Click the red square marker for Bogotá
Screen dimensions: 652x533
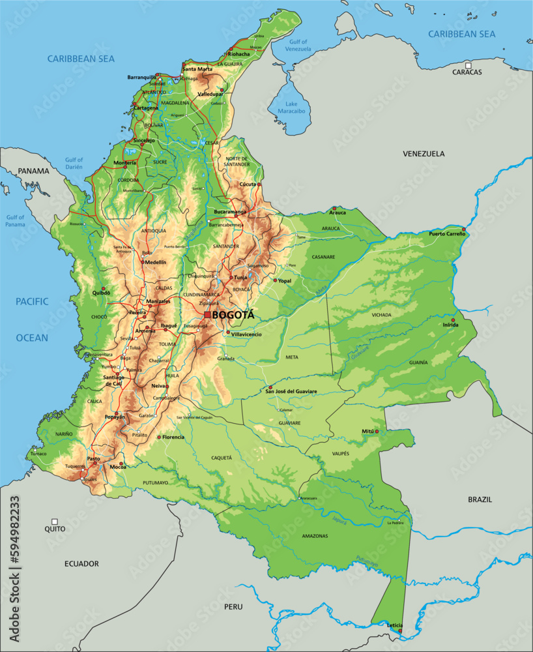[x=207, y=315]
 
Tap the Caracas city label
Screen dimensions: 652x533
[x=467, y=72]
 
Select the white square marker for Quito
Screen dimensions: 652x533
[x=55, y=522]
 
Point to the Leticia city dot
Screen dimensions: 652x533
[x=400, y=630]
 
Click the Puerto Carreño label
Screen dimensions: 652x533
[x=446, y=233]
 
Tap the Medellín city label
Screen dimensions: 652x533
[x=155, y=262]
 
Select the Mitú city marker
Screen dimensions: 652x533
[x=376, y=432]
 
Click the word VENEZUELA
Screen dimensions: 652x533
[x=424, y=154]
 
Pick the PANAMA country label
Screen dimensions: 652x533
[x=33, y=171]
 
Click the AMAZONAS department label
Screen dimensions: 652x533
[x=315, y=536]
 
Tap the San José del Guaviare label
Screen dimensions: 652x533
[x=291, y=391]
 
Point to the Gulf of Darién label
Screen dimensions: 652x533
[x=74, y=163]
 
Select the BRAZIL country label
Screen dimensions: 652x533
[x=480, y=499]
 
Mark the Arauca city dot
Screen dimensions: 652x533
[x=335, y=208]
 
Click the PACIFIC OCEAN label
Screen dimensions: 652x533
[x=33, y=319]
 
